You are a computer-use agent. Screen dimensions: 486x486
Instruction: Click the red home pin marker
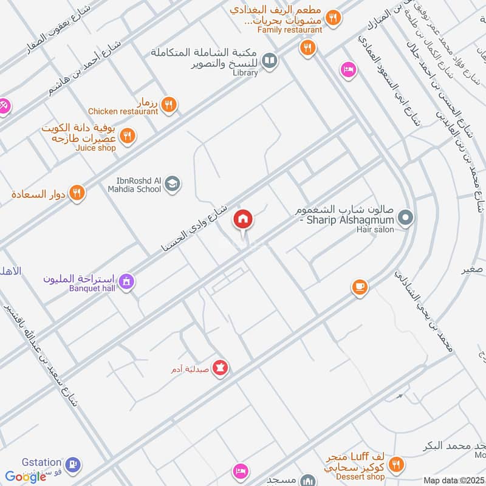243,220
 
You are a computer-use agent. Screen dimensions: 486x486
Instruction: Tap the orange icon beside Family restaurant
332,18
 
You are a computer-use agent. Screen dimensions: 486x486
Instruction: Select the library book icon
271,61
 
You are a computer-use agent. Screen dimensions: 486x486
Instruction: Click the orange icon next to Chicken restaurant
169,104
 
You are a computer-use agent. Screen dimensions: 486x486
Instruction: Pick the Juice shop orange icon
127,135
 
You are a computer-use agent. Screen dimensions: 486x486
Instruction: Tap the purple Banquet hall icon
126,281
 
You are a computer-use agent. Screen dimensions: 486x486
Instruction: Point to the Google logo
26,477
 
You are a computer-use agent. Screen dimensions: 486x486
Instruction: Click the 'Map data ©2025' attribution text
453,481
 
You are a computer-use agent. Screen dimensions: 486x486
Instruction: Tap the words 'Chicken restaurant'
123,111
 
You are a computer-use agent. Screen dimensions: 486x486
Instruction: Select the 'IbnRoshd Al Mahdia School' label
139,185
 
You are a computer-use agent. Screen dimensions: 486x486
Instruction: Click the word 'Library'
245,73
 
